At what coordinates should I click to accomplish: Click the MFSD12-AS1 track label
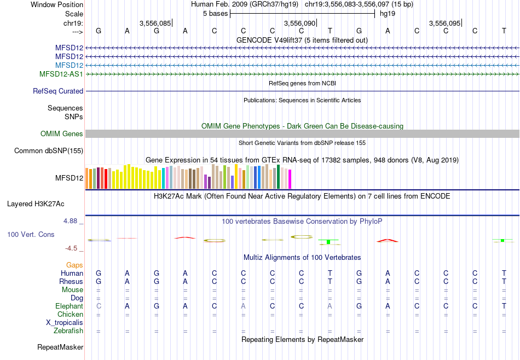click(61, 74)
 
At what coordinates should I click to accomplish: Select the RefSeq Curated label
click(58, 91)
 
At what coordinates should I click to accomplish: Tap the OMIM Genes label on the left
click(62, 134)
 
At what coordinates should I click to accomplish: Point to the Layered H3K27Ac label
click(36, 204)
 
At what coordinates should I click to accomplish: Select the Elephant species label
click(69, 306)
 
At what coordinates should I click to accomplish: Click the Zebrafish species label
click(68, 331)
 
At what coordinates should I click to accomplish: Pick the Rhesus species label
click(71, 282)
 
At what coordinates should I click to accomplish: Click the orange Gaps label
click(74, 265)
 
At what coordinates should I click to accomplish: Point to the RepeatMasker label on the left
click(60, 347)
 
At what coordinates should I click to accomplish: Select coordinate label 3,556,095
click(445, 24)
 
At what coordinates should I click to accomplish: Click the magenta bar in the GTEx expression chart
click(290, 179)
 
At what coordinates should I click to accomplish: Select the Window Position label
click(57, 4)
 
